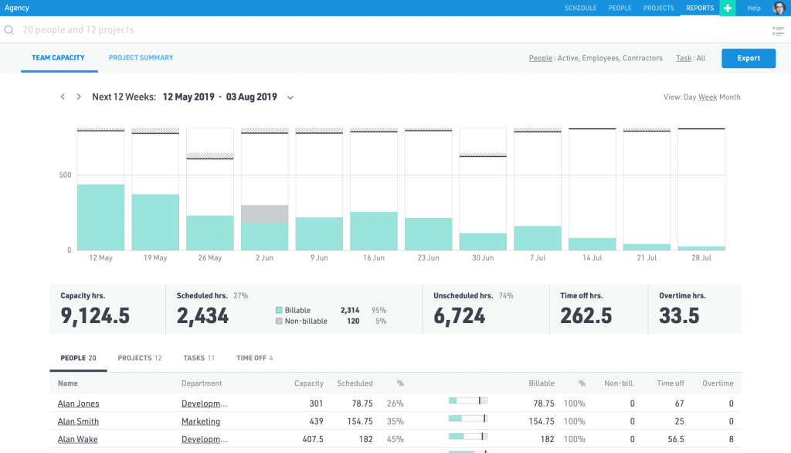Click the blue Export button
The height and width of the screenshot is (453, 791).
click(749, 58)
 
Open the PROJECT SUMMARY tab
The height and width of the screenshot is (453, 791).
click(141, 58)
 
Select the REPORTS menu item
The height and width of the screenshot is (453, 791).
click(699, 8)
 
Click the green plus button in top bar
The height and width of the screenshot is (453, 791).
click(728, 8)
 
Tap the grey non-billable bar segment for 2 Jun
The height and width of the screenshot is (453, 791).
click(264, 214)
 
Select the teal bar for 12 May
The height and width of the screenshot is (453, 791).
click(100, 217)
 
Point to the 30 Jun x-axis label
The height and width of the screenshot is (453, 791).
click(483, 258)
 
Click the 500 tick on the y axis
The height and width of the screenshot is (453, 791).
click(65, 175)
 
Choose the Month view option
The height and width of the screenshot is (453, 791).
click(730, 97)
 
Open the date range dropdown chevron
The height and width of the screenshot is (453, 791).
click(290, 97)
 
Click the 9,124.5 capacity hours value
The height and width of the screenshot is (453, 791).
click(94, 315)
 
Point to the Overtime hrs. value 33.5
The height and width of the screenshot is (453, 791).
click(679, 315)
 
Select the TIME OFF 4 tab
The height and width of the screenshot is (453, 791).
click(254, 358)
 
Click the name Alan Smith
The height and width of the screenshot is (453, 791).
click(78, 421)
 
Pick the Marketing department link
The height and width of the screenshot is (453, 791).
click(200, 421)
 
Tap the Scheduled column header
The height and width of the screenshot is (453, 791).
click(355, 383)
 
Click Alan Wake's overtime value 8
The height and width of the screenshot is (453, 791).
click(730, 440)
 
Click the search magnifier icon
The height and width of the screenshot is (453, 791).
click(9, 30)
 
